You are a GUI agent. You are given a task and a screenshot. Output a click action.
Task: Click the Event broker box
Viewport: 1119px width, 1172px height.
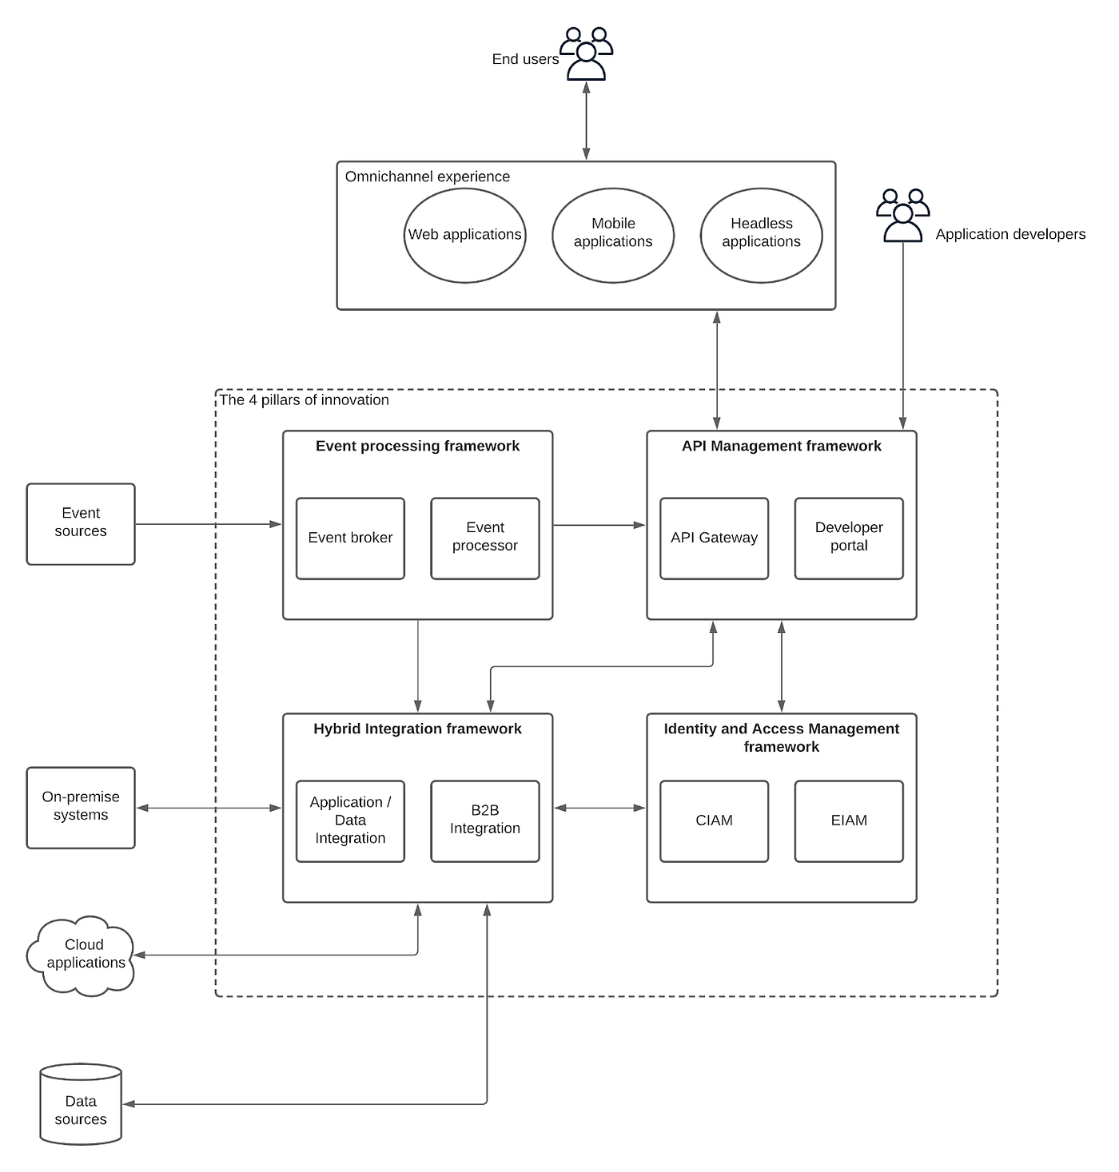(350, 538)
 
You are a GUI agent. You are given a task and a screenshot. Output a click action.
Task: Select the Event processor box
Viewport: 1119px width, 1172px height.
(484, 538)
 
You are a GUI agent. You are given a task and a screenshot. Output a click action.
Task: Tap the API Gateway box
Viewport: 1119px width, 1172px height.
(714, 538)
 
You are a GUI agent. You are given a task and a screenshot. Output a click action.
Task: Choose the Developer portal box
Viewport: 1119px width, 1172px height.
(848, 538)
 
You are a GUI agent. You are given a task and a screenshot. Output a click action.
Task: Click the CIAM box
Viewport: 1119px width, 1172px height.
(714, 821)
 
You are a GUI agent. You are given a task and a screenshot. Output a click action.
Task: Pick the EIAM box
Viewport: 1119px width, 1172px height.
(848, 821)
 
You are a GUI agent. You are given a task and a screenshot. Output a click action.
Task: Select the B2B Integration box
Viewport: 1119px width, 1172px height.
(484, 821)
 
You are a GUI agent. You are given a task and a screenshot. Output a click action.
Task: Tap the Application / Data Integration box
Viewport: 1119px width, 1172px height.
(350, 821)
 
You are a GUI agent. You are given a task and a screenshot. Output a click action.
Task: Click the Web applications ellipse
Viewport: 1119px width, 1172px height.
(464, 235)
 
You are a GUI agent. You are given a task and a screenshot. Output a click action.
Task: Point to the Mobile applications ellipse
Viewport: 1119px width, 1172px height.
(613, 235)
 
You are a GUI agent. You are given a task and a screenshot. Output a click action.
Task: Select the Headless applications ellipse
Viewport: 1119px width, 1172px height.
(761, 235)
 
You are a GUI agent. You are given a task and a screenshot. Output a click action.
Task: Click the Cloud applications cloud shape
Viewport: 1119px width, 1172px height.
(82, 956)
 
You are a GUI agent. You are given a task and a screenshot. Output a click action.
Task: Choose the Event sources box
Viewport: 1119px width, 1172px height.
(81, 524)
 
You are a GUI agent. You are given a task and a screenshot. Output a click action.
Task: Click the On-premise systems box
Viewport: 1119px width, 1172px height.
(81, 808)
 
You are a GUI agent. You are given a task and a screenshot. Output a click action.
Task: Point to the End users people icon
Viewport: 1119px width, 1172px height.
(586, 54)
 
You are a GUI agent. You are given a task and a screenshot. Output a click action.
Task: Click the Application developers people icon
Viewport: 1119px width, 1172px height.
(902, 216)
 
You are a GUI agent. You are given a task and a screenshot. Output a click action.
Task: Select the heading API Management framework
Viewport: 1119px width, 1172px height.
(781, 447)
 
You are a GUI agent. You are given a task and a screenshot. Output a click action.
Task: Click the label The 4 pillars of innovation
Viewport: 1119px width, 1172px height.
(305, 400)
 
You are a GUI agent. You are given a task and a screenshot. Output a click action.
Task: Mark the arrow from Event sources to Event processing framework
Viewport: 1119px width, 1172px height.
(208, 524)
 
